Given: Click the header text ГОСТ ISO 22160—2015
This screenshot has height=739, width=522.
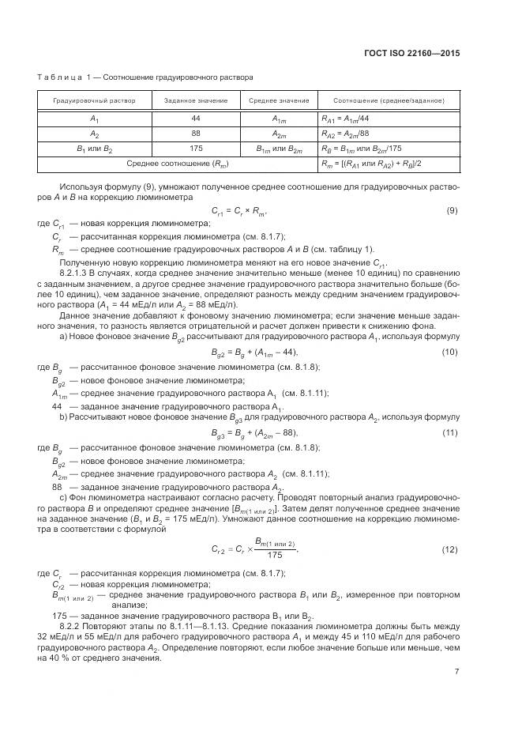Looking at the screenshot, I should (419, 54).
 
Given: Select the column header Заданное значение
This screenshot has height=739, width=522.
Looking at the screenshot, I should (196, 101).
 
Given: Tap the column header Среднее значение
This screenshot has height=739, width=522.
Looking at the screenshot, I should (279, 101).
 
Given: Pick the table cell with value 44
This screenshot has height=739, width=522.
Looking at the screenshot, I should (196, 118).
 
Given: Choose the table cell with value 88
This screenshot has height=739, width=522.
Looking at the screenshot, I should (196, 133).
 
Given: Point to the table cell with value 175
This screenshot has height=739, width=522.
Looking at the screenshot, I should (196, 148).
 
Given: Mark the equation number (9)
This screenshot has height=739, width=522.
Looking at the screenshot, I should (453, 210).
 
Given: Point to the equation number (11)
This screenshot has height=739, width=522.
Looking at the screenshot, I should (450, 432).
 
